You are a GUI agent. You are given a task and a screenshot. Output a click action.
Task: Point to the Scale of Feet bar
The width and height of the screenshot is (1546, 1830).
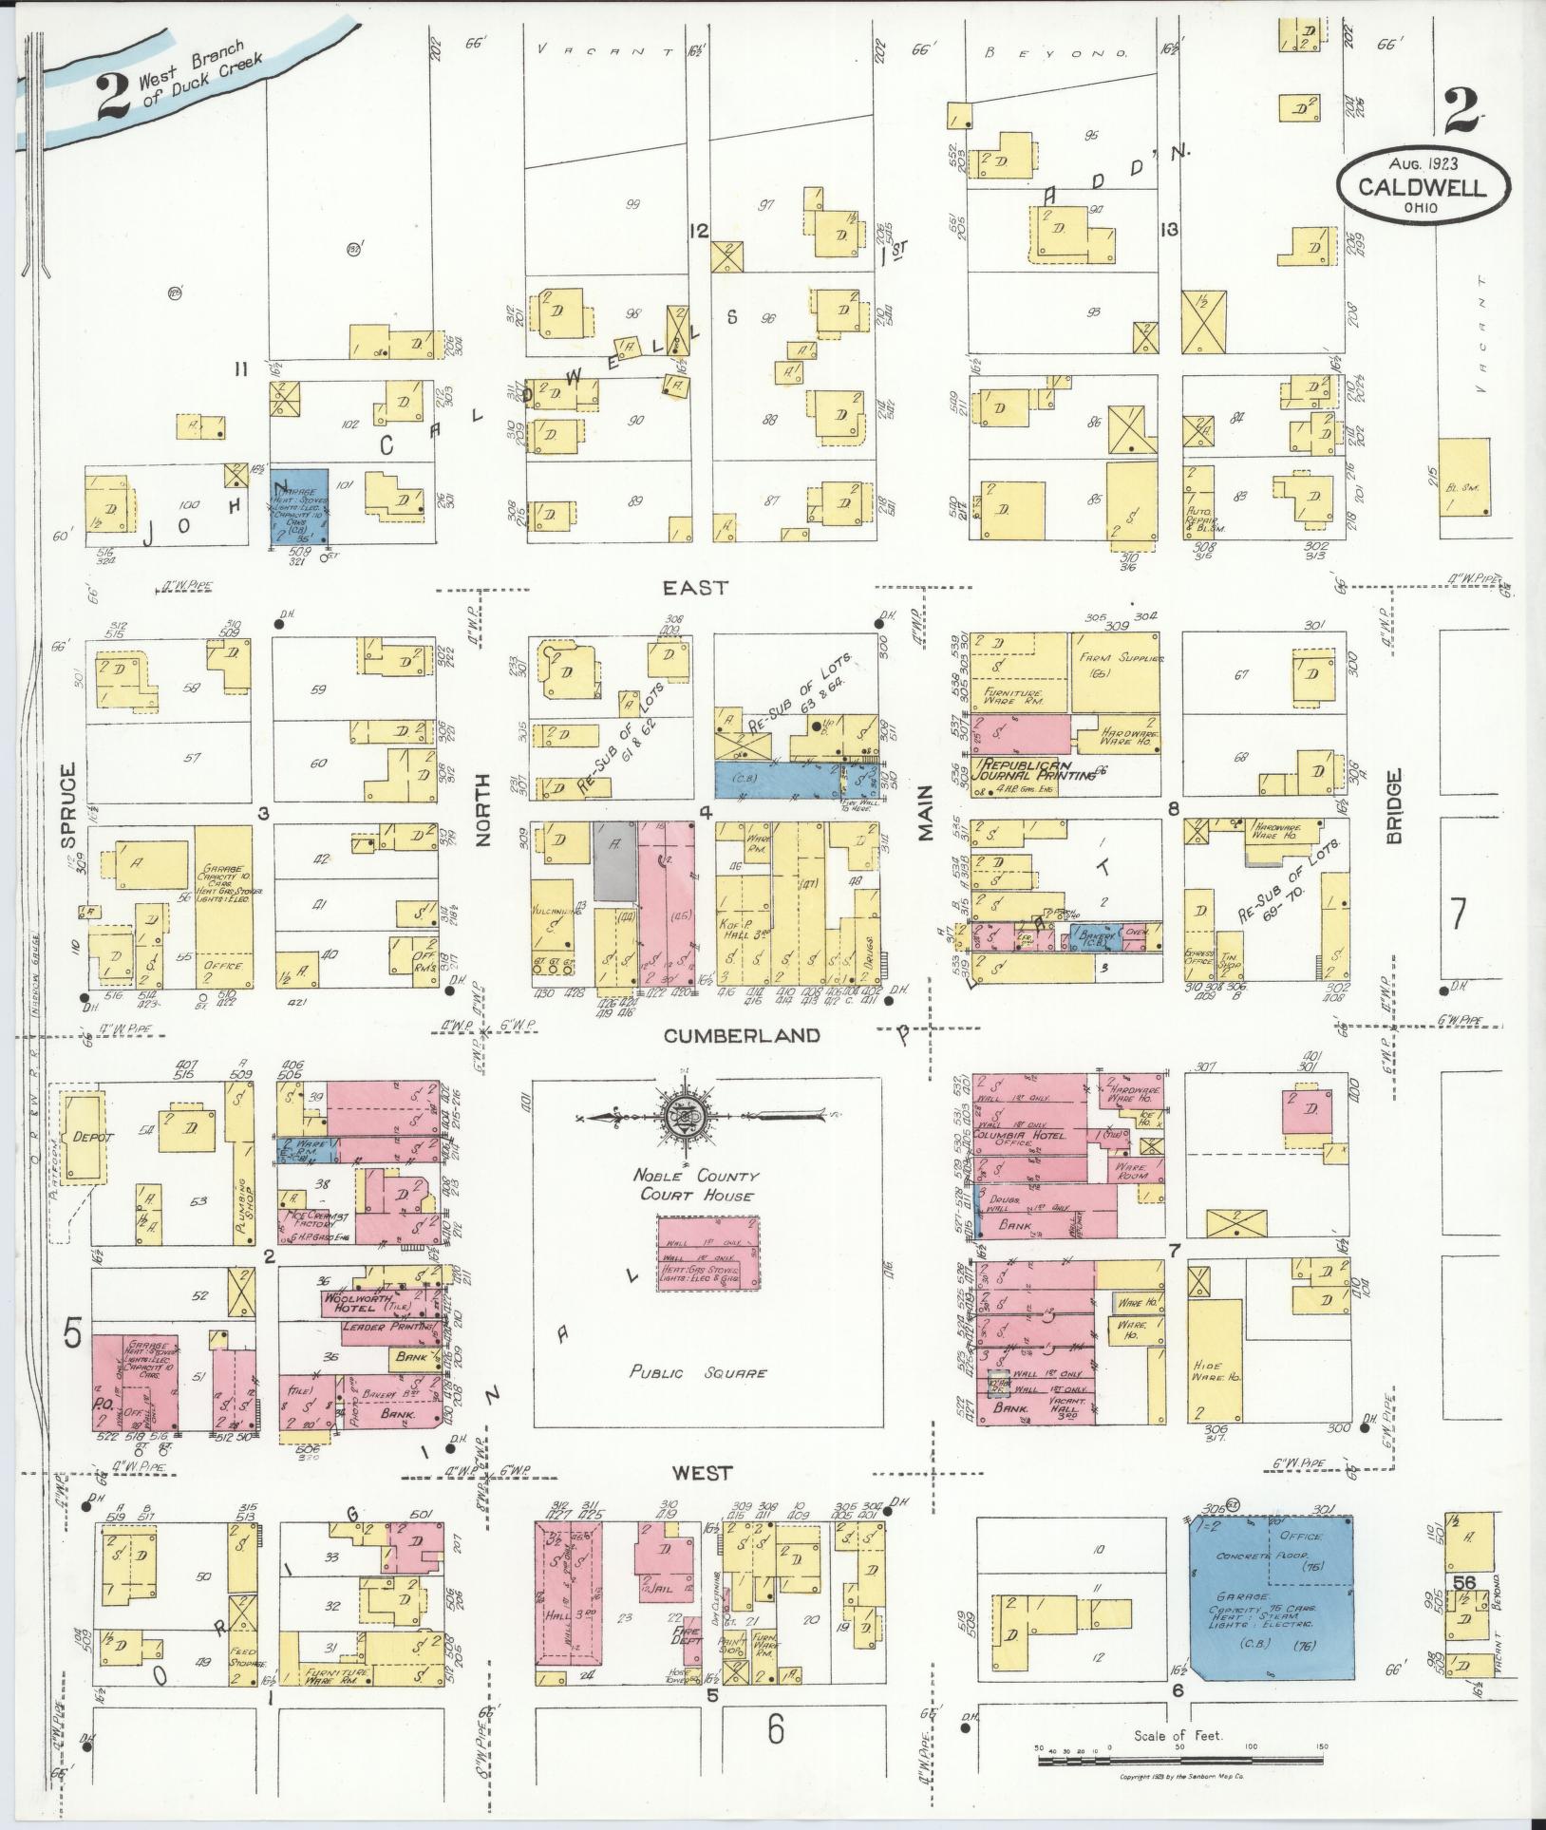(1178, 1760)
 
